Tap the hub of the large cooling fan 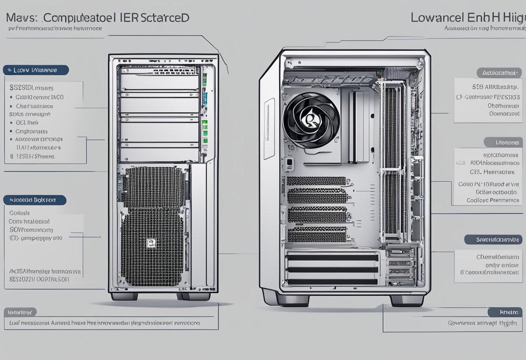click(310, 118)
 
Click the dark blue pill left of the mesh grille click(35, 200)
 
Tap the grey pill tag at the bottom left click(20, 312)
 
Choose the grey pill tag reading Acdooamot click(499, 73)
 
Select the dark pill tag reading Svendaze click(493, 240)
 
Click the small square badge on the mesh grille click(151, 243)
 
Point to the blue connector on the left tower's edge click(206, 96)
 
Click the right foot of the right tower click(406, 300)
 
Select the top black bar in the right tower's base click(332, 257)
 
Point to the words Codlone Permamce click(493, 200)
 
